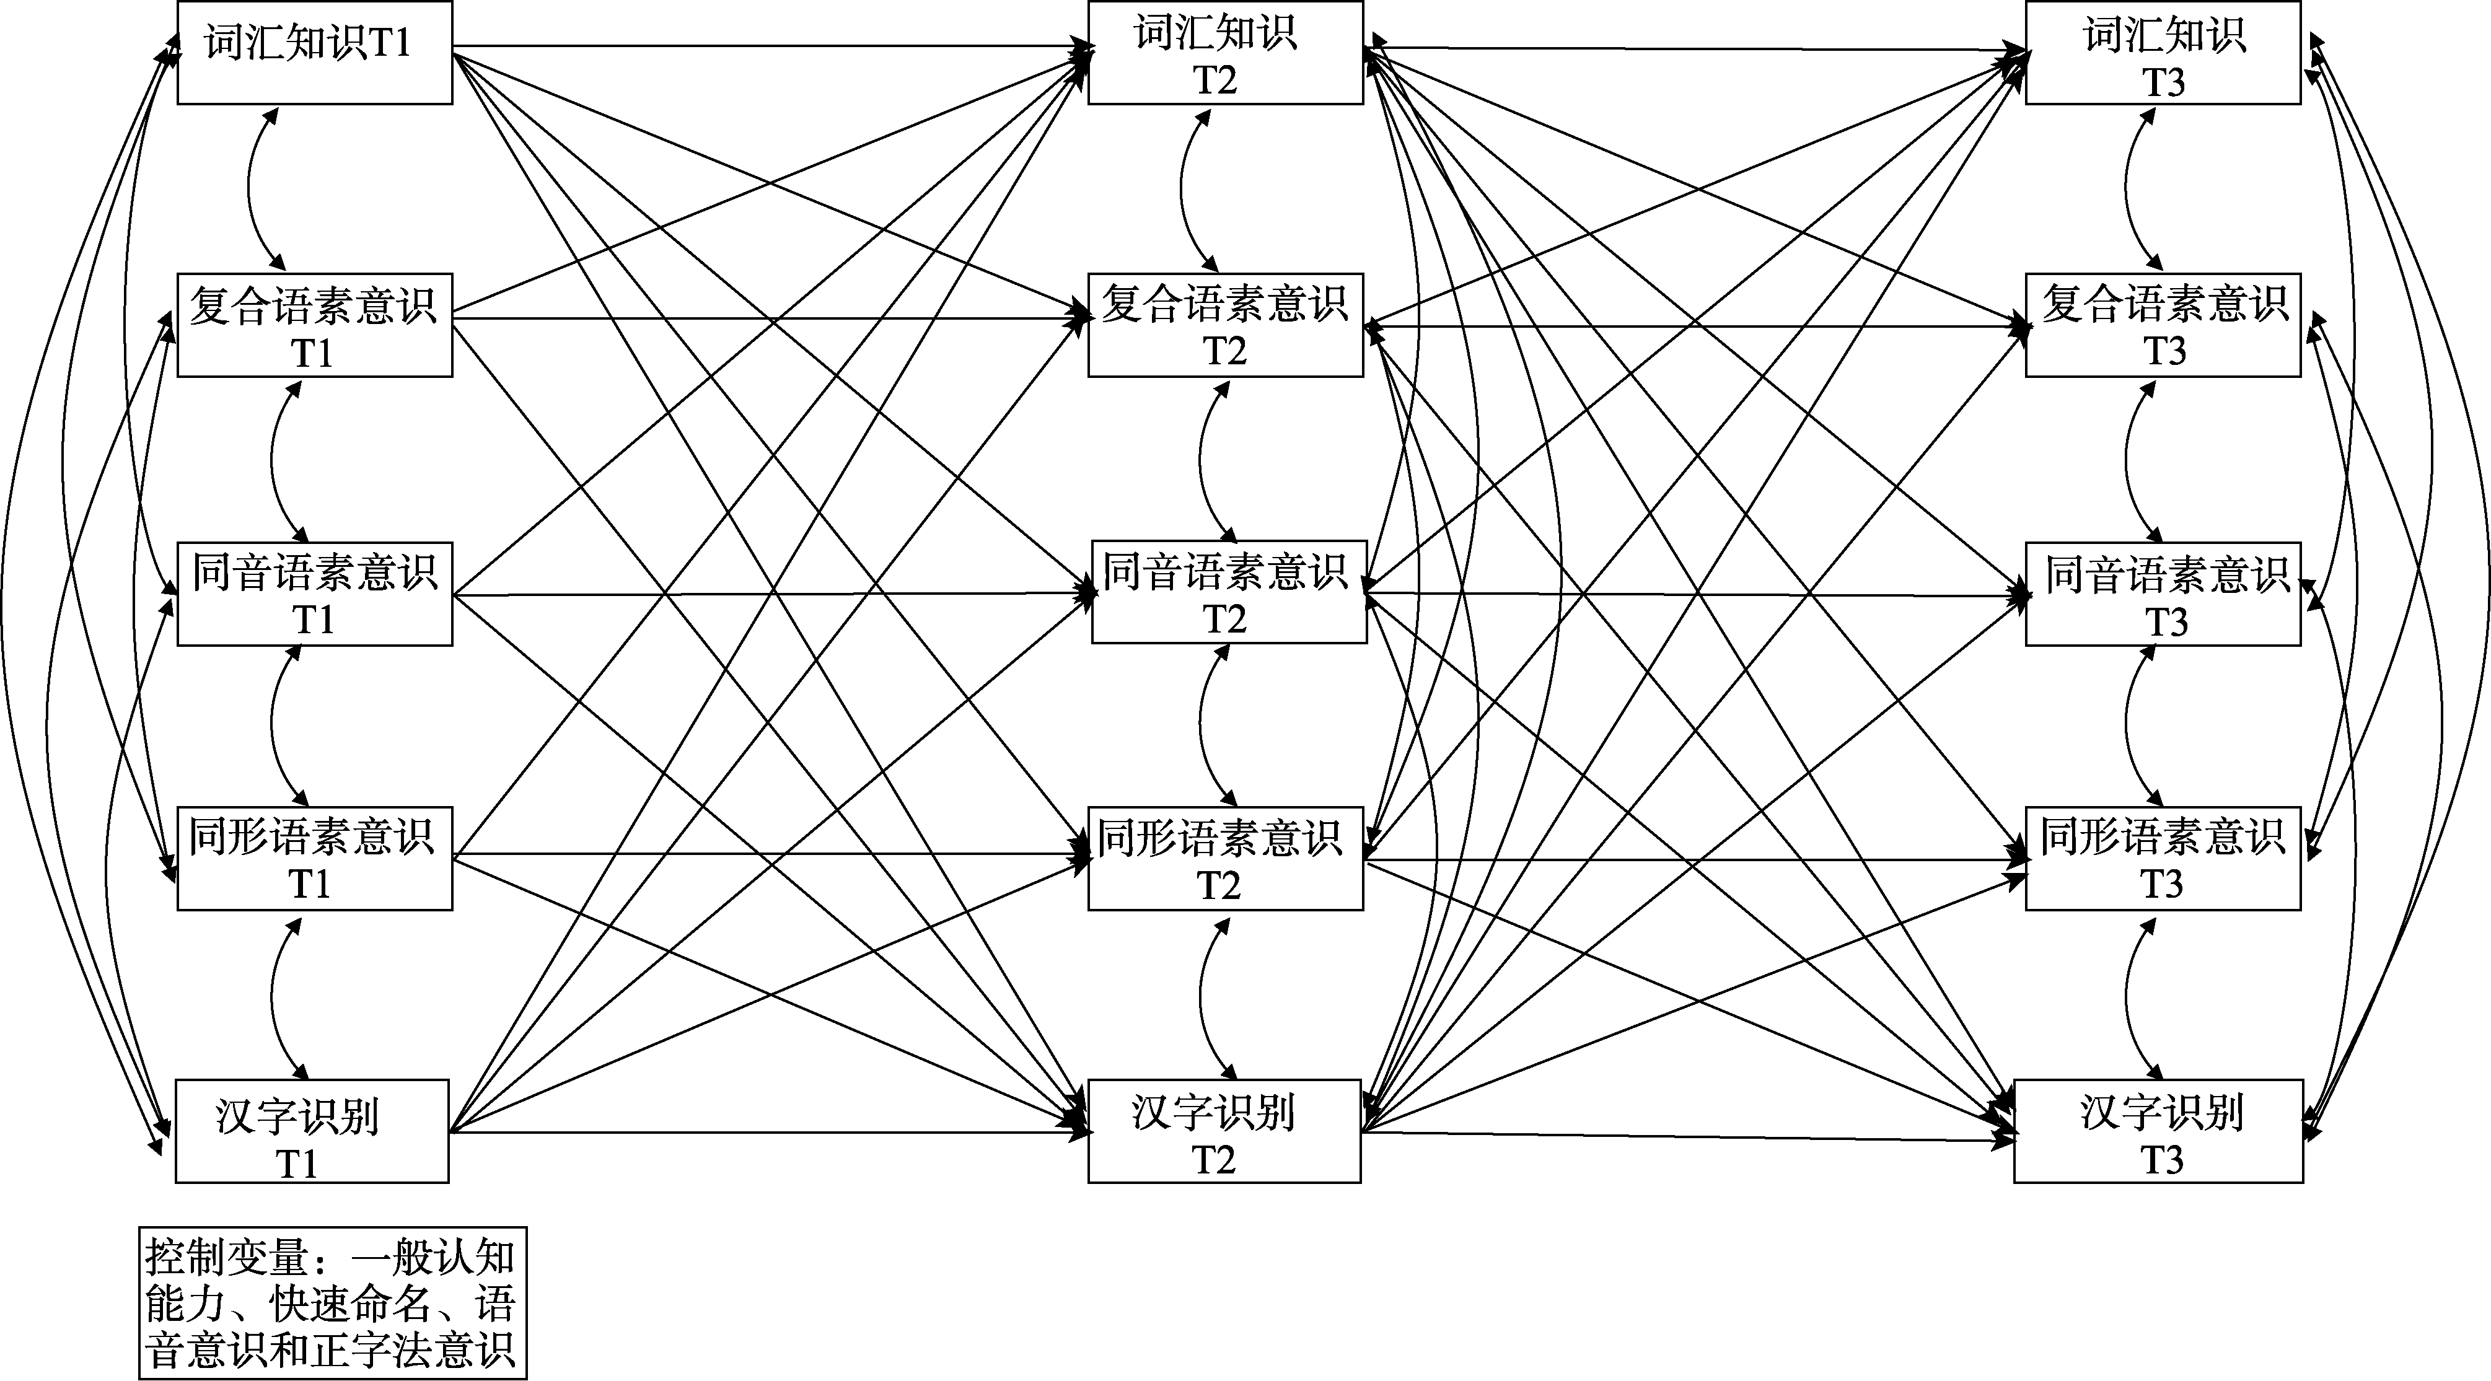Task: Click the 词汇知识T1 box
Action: pyautogui.click(x=314, y=52)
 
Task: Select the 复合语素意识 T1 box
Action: pyautogui.click(x=314, y=325)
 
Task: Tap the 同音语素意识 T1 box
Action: pyautogui.click(x=314, y=593)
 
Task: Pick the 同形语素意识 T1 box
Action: pyautogui.click(x=314, y=859)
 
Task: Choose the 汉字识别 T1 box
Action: pyautogui.click(x=311, y=1131)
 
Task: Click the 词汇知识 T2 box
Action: pyautogui.click(x=1225, y=52)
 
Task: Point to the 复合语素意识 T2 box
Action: pyautogui.click(x=1225, y=325)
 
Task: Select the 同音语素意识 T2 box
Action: pyautogui.click(x=1229, y=592)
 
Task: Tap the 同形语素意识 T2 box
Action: pyautogui.click(x=1225, y=859)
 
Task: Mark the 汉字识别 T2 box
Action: pyautogui.click(x=1224, y=1131)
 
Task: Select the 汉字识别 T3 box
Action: pyautogui.click(x=2158, y=1131)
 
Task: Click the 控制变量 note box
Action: pyautogui.click(x=333, y=1303)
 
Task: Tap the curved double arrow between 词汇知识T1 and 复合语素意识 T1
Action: pyautogui.click(x=250, y=188)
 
